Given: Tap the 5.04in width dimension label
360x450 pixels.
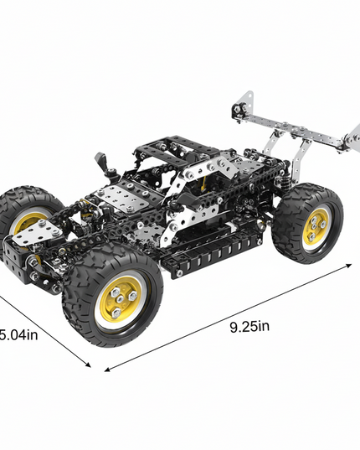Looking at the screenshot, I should point(18,335).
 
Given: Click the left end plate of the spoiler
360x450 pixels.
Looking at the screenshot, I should point(243,110).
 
